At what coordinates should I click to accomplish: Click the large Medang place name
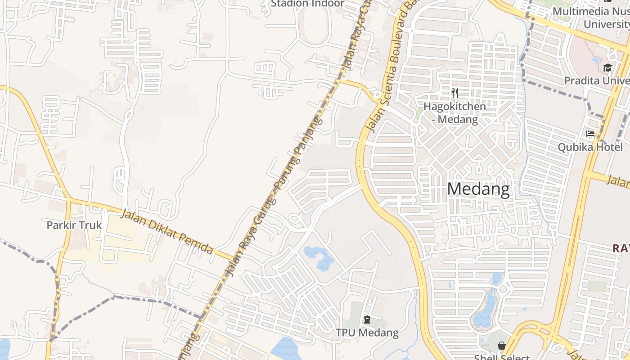(478, 189)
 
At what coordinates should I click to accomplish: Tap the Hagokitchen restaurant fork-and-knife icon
(455, 93)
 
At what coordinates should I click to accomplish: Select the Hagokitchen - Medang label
(454, 113)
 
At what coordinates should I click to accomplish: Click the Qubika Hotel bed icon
(590, 134)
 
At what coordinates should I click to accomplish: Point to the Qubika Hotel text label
(590, 147)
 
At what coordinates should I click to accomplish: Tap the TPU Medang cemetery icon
(367, 320)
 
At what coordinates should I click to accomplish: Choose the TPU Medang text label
(367, 333)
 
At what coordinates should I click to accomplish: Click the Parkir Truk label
(74, 225)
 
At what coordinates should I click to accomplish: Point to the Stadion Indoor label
(307, 4)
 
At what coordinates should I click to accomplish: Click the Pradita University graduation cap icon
(607, 68)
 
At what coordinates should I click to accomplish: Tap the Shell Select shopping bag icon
(501, 346)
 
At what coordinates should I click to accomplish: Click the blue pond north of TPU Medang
(320, 258)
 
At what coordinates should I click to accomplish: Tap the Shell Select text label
(501, 357)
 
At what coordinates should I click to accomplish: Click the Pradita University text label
(597, 81)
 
